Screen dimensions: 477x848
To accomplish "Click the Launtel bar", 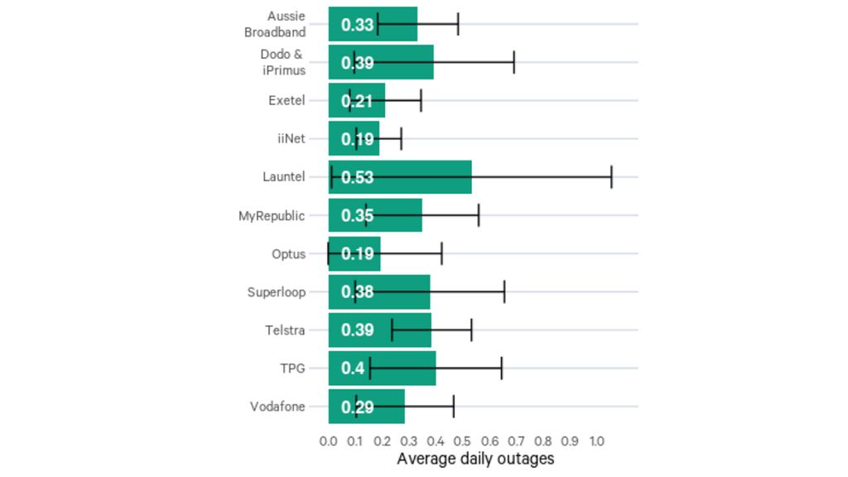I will tap(400, 177).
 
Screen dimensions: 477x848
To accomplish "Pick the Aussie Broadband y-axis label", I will tap(275, 24).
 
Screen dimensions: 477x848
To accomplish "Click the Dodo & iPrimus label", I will tap(282, 62).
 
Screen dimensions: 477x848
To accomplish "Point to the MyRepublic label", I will tap(272, 216).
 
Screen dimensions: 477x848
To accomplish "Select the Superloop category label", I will tap(276, 292).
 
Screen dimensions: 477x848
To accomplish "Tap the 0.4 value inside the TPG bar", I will tap(353, 369).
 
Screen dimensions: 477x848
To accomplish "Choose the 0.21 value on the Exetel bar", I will tap(358, 101).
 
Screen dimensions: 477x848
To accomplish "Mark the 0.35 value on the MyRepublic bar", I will tap(358, 216).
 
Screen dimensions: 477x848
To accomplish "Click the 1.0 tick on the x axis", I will tap(596, 441).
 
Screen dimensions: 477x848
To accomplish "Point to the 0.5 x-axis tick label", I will tap(462, 441).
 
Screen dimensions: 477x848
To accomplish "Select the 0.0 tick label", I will tap(328, 441).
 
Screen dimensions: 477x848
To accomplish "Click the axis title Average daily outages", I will tap(475, 459).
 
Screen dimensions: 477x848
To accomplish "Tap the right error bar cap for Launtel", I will tap(611, 177).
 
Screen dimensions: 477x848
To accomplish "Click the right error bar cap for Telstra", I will tap(471, 330).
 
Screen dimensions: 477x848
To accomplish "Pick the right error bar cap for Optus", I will tap(441, 253).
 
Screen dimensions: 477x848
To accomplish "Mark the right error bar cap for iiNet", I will tap(401, 138).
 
